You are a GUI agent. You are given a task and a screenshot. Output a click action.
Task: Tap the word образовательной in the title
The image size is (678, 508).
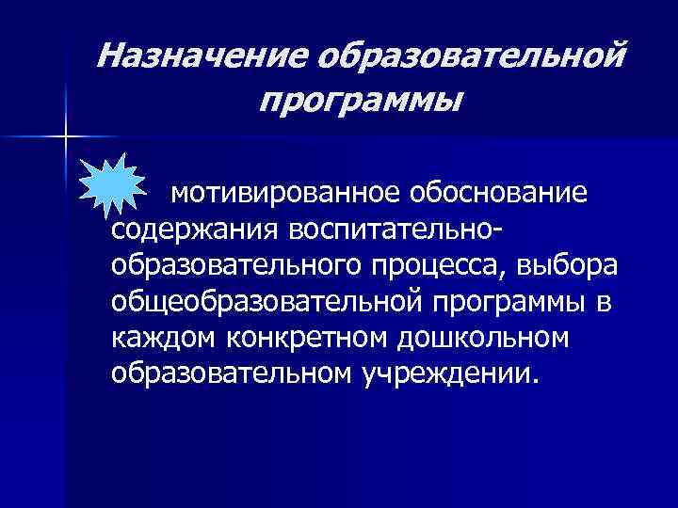coord(470,59)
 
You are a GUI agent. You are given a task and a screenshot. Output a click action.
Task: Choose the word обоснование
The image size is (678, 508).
coord(508,194)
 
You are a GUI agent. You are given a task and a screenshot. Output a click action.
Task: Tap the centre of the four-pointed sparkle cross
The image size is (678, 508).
coord(66,137)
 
